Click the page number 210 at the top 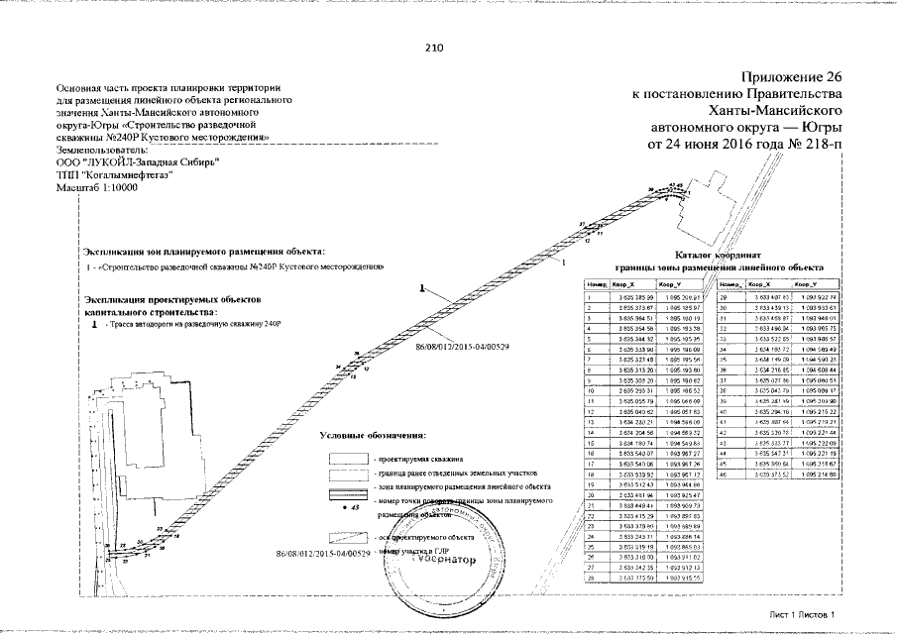click(x=433, y=47)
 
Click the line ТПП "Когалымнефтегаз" click(x=115, y=174)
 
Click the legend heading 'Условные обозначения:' click(x=374, y=435)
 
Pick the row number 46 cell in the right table click(x=725, y=475)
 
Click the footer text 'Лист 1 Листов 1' click(x=804, y=615)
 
